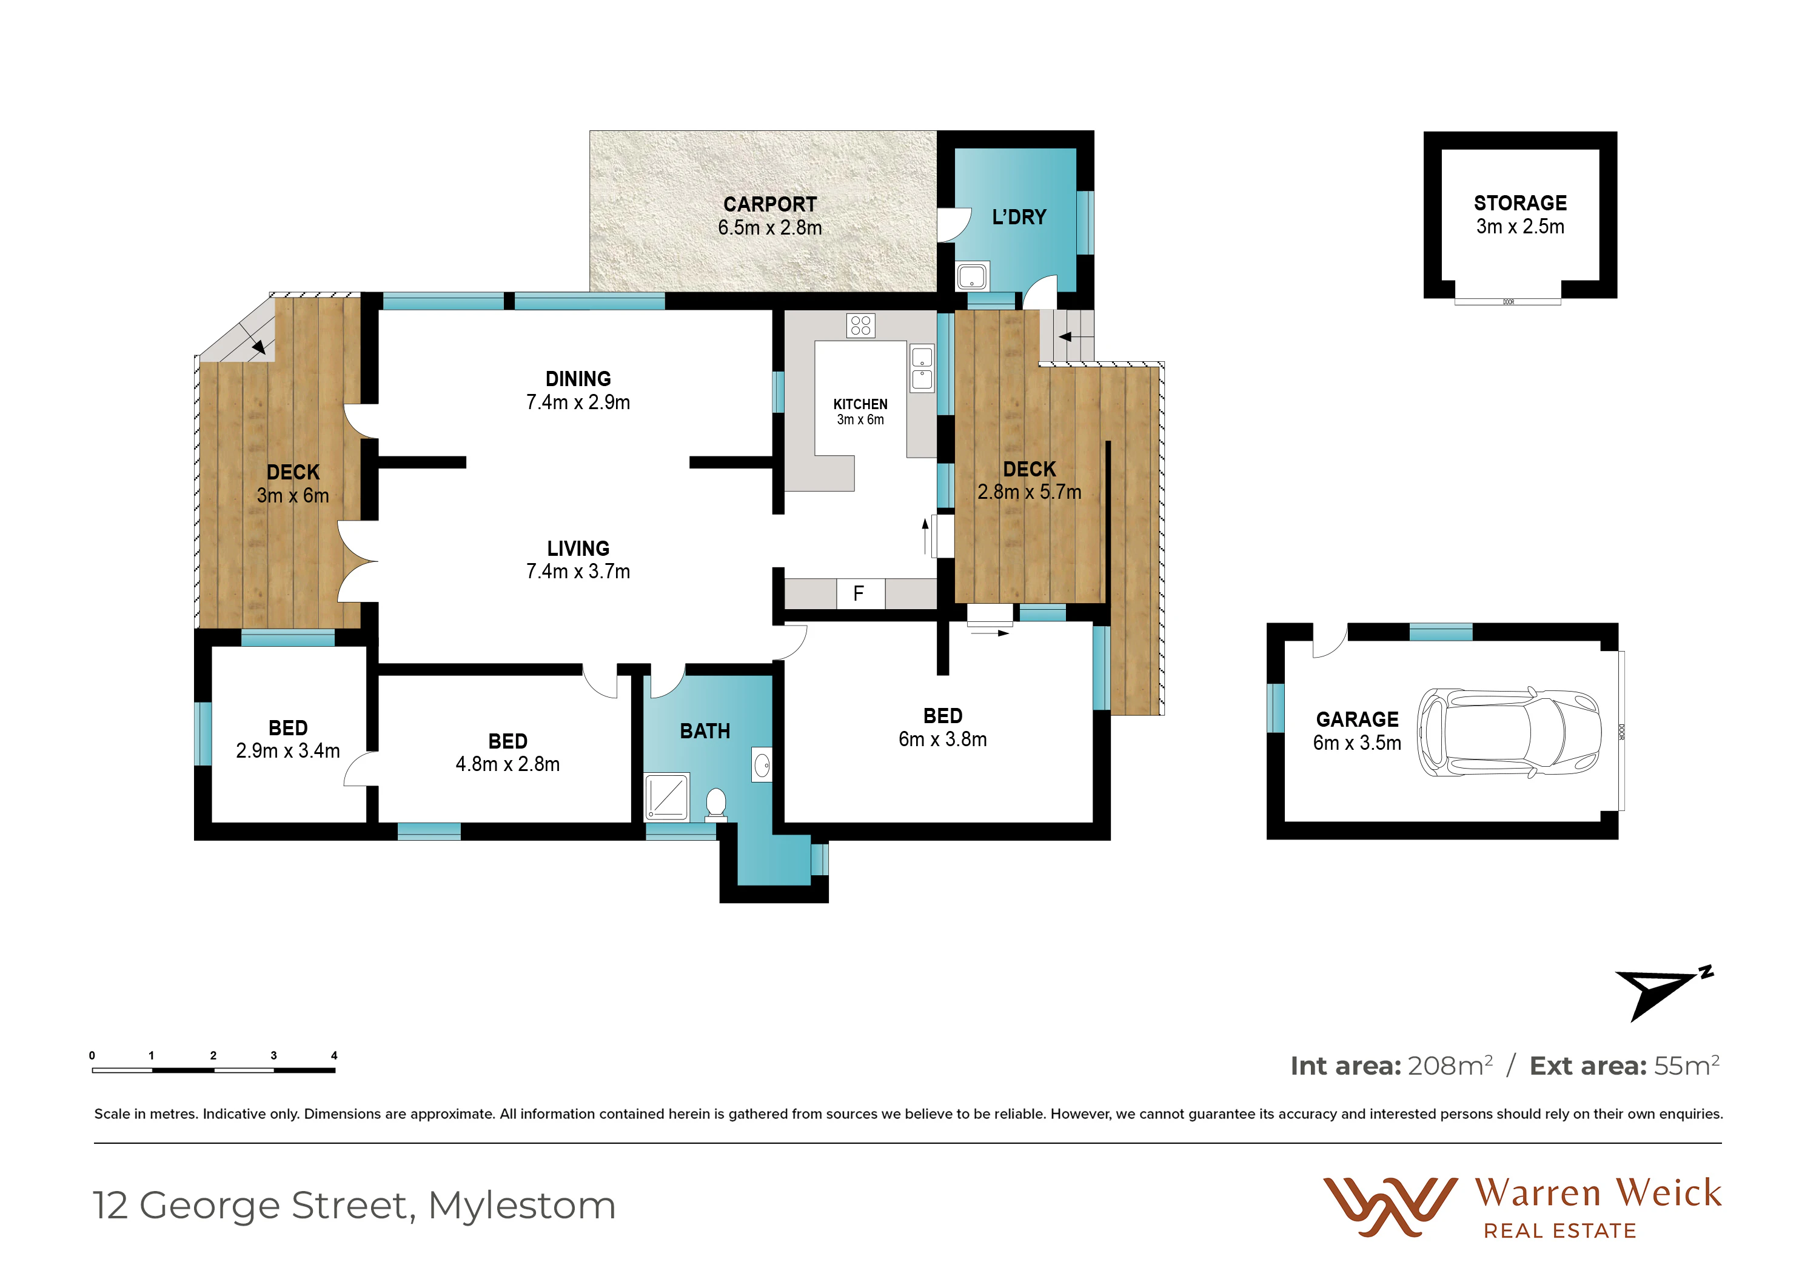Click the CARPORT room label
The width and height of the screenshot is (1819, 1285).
click(x=769, y=204)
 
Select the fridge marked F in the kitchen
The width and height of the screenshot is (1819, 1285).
click(x=860, y=593)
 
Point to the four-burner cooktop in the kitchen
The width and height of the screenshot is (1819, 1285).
click(x=860, y=325)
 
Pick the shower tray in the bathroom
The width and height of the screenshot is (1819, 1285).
click(x=667, y=796)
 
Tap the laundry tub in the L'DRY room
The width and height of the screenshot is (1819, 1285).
click(x=972, y=276)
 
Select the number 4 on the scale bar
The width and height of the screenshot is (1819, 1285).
click(x=334, y=1055)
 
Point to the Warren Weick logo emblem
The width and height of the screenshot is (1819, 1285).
click(x=1390, y=1207)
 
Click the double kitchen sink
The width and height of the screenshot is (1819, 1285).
click(x=922, y=368)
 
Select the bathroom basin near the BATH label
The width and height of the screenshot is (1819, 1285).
click(x=762, y=765)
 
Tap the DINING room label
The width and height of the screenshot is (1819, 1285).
click(x=578, y=379)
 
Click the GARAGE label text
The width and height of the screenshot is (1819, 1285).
click(x=1357, y=719)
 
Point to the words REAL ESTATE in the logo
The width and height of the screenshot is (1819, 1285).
click(x=1559, y=1231)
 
